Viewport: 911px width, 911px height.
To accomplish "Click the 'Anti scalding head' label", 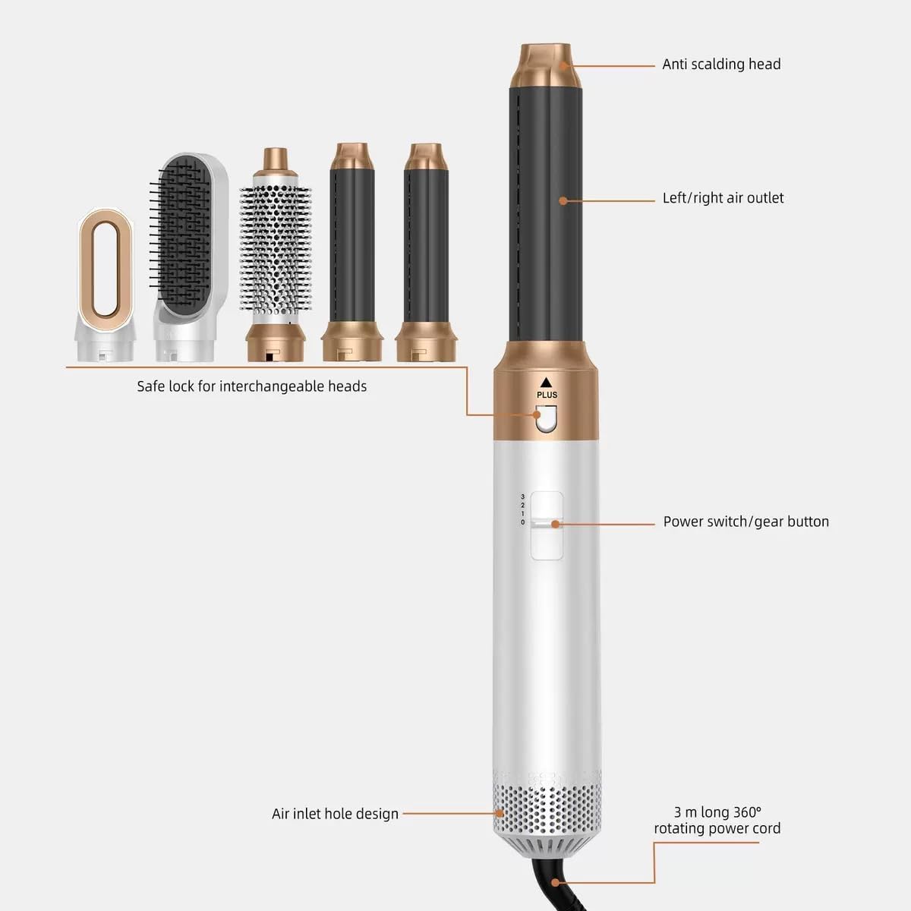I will tap(721, 65).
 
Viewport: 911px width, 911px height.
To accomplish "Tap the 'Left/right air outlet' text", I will tap(723, 198).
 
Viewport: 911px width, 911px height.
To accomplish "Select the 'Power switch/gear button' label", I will tap(746, 522).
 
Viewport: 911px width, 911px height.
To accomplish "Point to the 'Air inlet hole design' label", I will tap(335, 814).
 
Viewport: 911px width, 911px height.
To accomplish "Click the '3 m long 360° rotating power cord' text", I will tap(717, 821).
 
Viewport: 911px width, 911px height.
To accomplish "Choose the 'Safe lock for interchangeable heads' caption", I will tap(251, 386).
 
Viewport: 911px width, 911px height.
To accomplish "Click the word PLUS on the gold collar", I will tap(547, 395).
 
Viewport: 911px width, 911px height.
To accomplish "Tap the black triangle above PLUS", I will tap(547, 382).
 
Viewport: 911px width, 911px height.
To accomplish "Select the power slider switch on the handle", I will tap(547, 524).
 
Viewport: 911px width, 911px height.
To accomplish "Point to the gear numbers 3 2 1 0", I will tap(522, 509).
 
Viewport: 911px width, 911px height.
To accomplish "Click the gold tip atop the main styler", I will tap(545, 65).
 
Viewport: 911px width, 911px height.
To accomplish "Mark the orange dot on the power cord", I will tap(556, 883).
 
